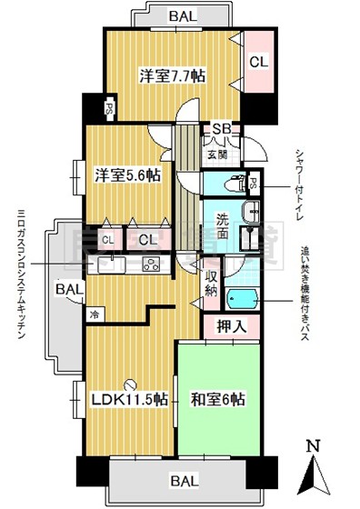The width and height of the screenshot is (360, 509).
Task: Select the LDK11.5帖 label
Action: click(x=127, y=399)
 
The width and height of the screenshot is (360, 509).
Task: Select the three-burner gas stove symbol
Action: click(x=148, y=264)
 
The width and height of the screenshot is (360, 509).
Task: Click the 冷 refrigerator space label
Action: click(x=95, y=314)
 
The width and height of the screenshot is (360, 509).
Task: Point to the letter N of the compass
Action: click(x=313, y=448)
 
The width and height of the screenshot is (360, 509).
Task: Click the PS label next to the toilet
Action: click(x=254, y=182)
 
